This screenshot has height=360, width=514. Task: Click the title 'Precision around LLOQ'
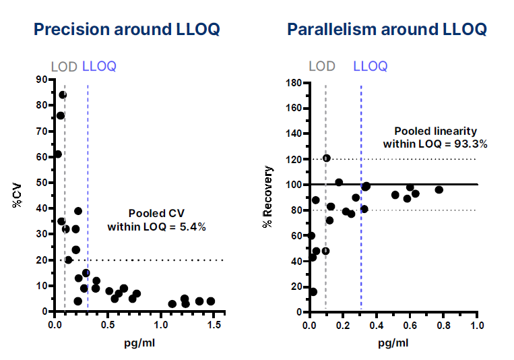(127, 30)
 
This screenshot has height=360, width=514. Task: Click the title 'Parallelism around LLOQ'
(387, 30)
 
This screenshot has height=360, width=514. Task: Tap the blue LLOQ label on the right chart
(370, 66)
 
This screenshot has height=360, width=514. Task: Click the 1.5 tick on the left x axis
(214, 325)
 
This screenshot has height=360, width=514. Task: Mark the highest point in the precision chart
(63, 95)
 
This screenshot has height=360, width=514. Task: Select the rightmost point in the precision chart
(211, 301)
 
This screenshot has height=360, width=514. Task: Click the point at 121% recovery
(327, 158)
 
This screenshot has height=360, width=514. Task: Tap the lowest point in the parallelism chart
(313, 292)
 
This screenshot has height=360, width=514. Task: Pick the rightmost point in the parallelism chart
(439, 189)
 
